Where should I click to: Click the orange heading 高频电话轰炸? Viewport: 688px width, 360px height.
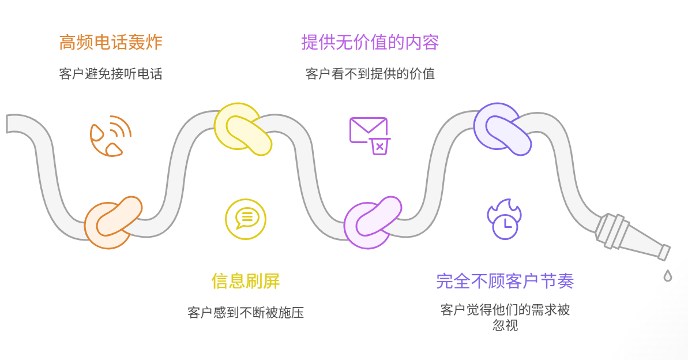click(111, 43)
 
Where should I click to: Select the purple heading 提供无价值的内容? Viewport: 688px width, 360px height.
click(370, 43)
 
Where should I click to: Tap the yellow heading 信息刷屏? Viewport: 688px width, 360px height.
click(245, 282)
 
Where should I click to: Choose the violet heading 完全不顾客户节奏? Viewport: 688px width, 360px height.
click(505, 282)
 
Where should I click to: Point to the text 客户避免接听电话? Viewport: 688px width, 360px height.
click(111, 74)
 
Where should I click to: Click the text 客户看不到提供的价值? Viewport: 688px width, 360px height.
click(370, 74)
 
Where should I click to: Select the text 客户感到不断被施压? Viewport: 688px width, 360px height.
click(245, 313)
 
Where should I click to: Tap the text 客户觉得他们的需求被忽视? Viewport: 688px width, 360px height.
click(505, 317)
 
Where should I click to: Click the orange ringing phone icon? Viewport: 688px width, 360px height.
click(110, 137)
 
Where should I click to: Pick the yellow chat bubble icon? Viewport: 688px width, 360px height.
click(246, 219)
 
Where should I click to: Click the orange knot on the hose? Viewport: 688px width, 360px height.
click(112, 222)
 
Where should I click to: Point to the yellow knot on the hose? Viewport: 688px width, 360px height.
click(242, 129)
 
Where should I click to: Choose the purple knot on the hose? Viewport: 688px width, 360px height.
click(372, 222)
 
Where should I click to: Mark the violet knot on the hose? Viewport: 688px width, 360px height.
click(502, 129)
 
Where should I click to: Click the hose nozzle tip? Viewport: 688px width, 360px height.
click(664, 252)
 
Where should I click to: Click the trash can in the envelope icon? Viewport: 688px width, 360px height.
click(379, 147)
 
